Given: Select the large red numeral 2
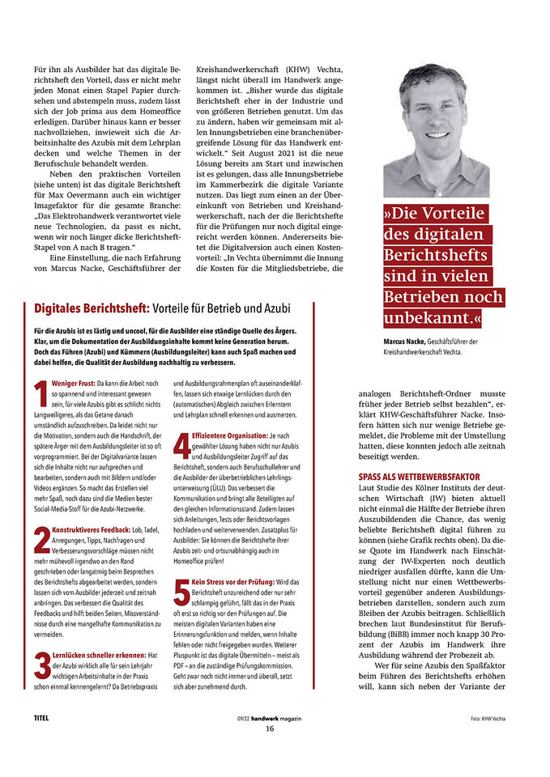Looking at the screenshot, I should pos(41,540).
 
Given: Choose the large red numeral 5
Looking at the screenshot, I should pos(182,594).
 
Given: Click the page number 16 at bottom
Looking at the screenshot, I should pos(271,727).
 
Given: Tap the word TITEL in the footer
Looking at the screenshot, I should pos(42,717).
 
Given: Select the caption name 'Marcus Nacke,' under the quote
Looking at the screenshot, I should pos(406,342).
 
